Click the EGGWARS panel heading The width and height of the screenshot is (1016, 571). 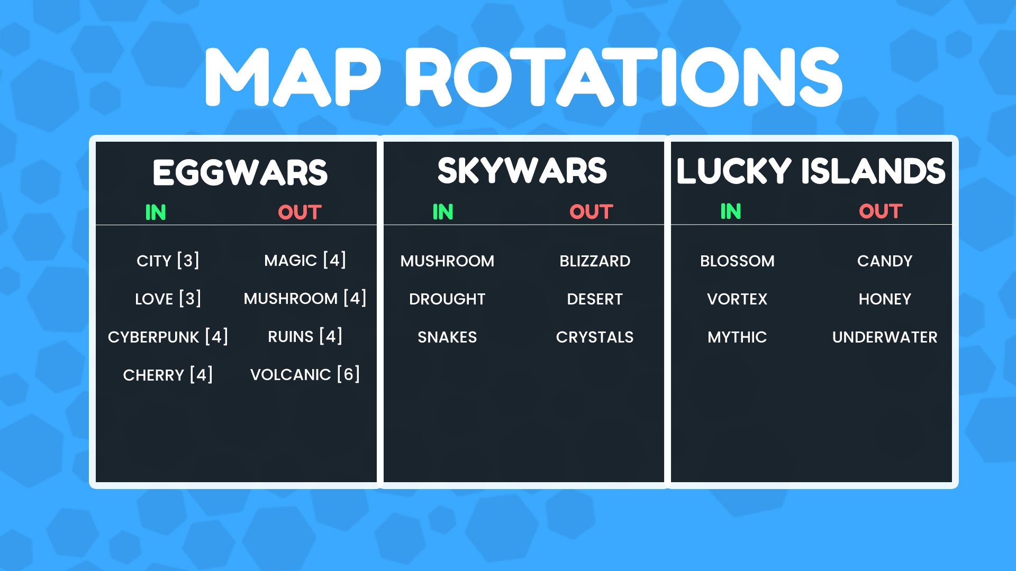(x=240, y=172)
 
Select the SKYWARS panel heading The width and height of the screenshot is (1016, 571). (x=522, y=171)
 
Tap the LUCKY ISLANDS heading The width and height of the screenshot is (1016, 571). (x=811, y=171)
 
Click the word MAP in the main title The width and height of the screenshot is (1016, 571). (x=293, y=77)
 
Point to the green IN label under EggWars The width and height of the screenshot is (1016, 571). (x=156, y=213)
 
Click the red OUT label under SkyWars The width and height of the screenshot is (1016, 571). (x=591, y=212)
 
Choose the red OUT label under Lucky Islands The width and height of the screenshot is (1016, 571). (x=881, y=211)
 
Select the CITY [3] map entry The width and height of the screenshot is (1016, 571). (x=168, y=261)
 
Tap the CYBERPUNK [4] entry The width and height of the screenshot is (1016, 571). (x=168, y=337)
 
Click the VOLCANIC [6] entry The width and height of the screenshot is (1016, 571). (x=305, y=374)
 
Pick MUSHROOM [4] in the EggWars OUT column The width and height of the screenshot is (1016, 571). (x=305, y=298)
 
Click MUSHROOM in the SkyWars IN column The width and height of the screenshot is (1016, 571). (x=447, y=261)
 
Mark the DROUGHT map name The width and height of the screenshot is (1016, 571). (x=447, y=299)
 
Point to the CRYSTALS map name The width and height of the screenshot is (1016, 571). (x=595, y=337)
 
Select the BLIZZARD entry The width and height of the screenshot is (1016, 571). (x=595, y=261)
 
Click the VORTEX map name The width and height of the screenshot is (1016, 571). (x=737, y=299)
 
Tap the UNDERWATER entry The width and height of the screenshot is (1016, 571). (x=885, y=337)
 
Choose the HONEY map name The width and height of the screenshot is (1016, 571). (x=885, y=299)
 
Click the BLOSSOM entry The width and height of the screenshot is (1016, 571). (x=737, y=261)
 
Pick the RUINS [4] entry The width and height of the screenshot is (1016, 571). (x=305, y=336)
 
